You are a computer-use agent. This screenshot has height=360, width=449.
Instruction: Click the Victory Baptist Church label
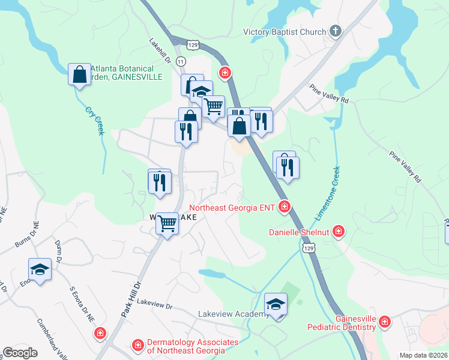click(x=285, y=32)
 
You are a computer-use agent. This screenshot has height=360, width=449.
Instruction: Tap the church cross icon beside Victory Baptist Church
click(x=336, y=31)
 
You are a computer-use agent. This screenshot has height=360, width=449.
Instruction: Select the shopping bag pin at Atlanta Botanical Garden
click(x=79, y=75)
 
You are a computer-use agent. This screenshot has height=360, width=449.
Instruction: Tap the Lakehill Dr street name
click(x=160, y=53)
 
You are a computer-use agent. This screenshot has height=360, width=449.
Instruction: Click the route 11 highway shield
click(x=181, y=62)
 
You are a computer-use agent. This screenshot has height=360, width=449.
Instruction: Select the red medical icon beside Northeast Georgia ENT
click(x=285, y=208)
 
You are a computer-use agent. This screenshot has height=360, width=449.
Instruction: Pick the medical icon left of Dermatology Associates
click(x=137, y=345)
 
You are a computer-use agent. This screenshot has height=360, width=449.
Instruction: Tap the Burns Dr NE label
click(x=28, y=234)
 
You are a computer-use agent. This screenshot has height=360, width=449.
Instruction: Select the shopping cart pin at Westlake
click(x=167, y=224)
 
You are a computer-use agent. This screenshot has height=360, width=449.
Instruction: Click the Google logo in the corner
click(x=20, y=353)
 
